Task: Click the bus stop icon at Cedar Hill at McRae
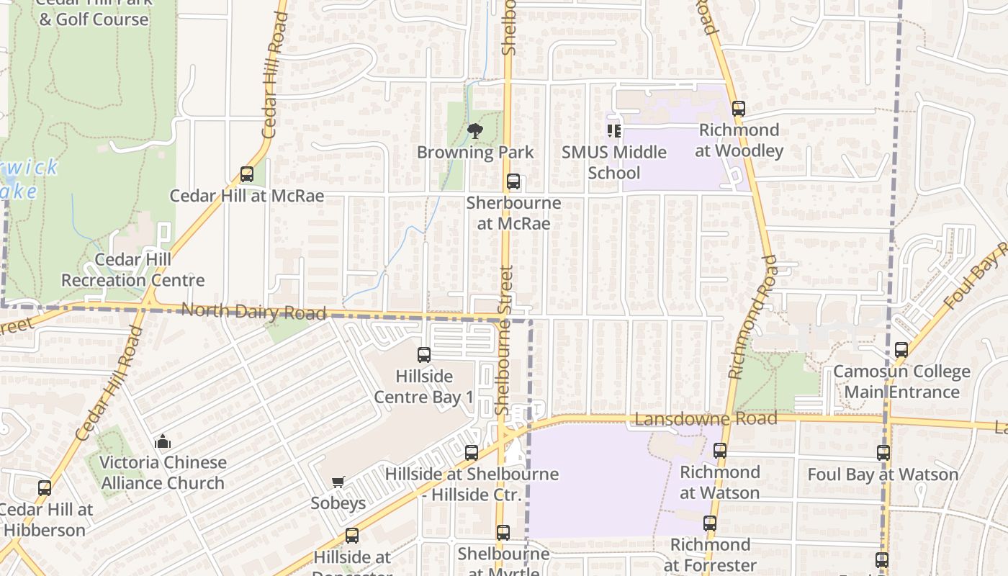pos(247,174)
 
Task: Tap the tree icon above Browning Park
pos(474,131)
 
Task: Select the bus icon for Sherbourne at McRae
pos(513,181)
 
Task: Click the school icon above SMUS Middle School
pos(613,131)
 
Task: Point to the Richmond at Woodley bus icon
pos(738,109)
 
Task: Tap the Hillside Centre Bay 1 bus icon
pos(424,355)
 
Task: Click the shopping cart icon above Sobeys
pos(338,482)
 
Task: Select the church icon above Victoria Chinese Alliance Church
pos(163,441)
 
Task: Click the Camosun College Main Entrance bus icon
pos(901,351)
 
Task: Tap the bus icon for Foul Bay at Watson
pos(883,453)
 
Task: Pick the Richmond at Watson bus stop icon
pos(720,451)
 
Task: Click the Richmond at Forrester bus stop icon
pos(710,523)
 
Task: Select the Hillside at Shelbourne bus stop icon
pos(472,453)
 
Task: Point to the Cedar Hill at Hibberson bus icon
pos(45,488)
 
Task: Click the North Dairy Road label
pos(253,312)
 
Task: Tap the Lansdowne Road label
pos(706,419)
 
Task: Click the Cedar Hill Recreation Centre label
pos(132,270)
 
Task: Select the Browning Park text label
pos(475,152)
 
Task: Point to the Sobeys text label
pos(338,503)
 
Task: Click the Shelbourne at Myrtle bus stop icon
pos(503,533)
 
